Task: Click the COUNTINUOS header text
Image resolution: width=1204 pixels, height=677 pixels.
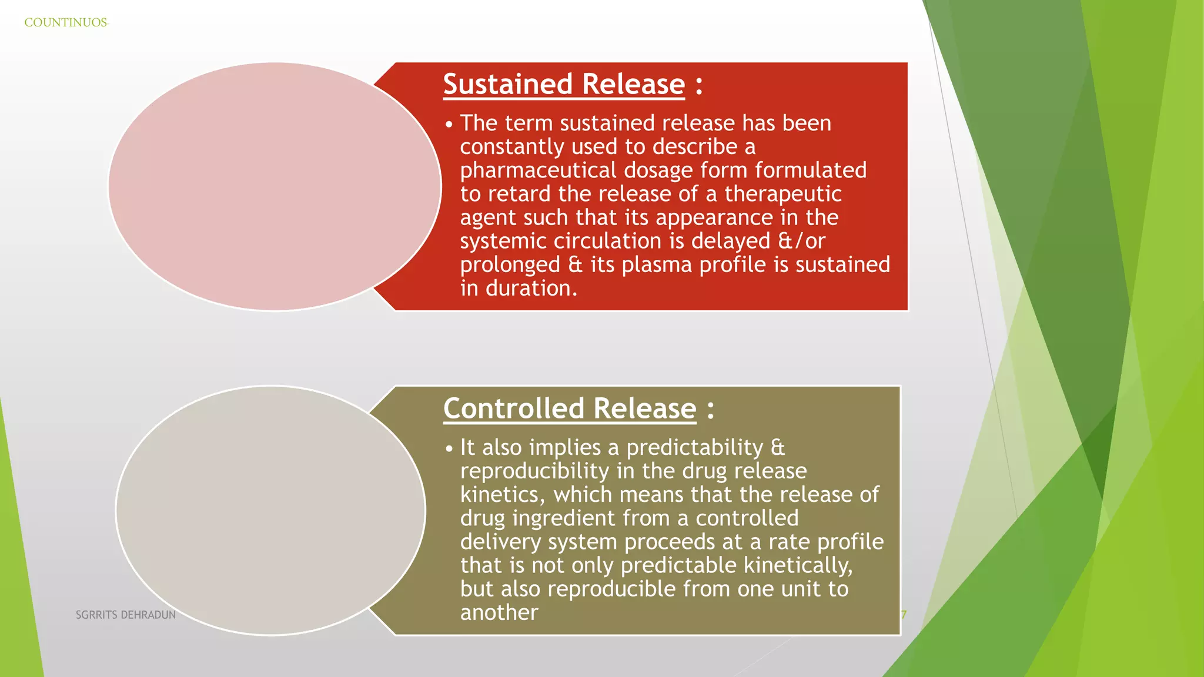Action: point(66,23)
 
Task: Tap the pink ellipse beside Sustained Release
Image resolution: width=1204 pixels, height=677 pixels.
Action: point(275,187)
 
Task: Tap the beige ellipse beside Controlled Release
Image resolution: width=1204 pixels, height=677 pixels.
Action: point(270,510)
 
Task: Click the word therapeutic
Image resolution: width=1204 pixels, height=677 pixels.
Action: point(782,194)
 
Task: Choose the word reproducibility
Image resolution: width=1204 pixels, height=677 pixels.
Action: point(534,471)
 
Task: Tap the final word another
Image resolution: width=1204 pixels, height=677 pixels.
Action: point(499,612)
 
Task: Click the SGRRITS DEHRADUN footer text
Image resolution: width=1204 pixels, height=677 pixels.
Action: point(126,615)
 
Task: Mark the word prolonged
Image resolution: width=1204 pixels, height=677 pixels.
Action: point(510,264)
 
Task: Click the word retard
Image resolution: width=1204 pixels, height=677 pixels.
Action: point(520,194)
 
